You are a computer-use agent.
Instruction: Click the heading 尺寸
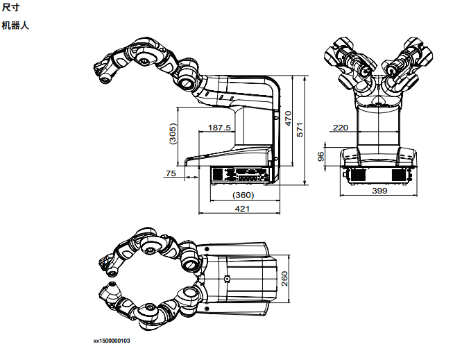pos(11,7)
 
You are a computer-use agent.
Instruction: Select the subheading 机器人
pos(15,26)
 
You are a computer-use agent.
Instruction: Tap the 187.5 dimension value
pos(219,128)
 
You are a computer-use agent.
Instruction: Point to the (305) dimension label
pos(173,134)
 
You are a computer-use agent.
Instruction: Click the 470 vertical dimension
pos(288,119)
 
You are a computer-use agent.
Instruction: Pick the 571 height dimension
pos(300,130)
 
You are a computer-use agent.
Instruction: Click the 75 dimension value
pos(171,173)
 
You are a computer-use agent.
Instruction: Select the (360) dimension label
pos(243,195)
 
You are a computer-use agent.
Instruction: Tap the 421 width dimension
pos(242,209)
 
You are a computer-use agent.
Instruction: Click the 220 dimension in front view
pos(341,128)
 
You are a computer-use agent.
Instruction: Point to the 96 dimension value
pos(321,157)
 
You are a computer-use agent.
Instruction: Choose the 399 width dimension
pos(379,191)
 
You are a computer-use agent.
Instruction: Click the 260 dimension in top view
pos(284,279)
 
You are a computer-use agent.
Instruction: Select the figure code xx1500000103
pos(112,341)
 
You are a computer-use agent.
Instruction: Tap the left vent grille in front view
pos(358,175)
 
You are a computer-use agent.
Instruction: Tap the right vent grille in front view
pos(400,175)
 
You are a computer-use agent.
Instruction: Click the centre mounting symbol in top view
pos(227,278)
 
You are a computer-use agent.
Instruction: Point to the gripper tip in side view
pos(105,78)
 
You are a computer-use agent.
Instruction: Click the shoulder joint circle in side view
pos(186,82)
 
